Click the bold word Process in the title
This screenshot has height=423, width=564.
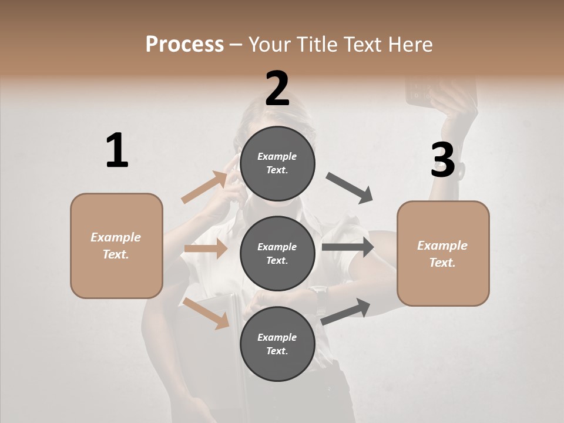coord(184,45)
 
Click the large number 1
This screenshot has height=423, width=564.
coord(117,151)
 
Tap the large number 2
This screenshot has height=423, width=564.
coord(277,89)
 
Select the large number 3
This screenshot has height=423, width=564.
coord(442,160)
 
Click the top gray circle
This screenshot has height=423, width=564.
coord(277,163)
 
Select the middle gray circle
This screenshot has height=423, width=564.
coord(277,253)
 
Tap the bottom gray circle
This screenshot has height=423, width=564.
coord(277,344)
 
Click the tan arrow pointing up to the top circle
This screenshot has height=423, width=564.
coord(204,187)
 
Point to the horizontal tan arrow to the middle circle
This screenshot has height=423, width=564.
coord(206,249)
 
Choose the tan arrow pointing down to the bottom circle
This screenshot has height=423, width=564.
coord(206,313)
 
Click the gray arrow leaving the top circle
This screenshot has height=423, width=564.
coord(350,187)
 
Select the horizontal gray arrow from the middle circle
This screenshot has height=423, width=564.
coord(348,247)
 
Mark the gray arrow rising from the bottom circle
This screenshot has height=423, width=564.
coord(346,311)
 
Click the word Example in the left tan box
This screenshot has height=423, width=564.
coord(116,237)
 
